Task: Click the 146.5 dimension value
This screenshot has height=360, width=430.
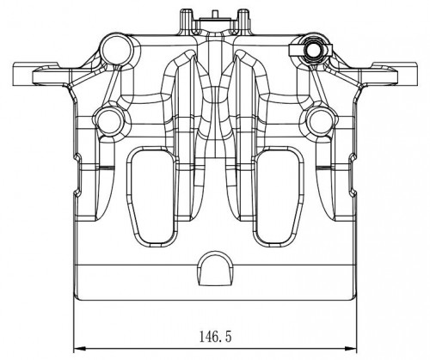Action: tap(215, 337)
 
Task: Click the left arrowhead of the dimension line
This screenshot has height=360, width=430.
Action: tap(80, 349)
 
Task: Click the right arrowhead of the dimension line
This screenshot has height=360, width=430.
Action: tap(351, 349)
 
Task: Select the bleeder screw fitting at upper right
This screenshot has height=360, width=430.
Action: tap(313, 51)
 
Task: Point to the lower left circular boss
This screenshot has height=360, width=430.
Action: tap(109, 121)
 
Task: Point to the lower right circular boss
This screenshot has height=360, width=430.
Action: tap(320, 121)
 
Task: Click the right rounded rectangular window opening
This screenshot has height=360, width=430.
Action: tap(278, 197)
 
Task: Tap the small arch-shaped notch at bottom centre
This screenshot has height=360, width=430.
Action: tap(215, 269)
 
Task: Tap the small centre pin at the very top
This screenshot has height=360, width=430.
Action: tap(215, 14)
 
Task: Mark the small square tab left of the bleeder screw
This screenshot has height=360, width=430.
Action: tap(294, 51)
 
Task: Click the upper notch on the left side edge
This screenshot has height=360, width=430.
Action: tap(77, 157)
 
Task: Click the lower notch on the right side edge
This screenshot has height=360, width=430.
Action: tap(353, 192)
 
